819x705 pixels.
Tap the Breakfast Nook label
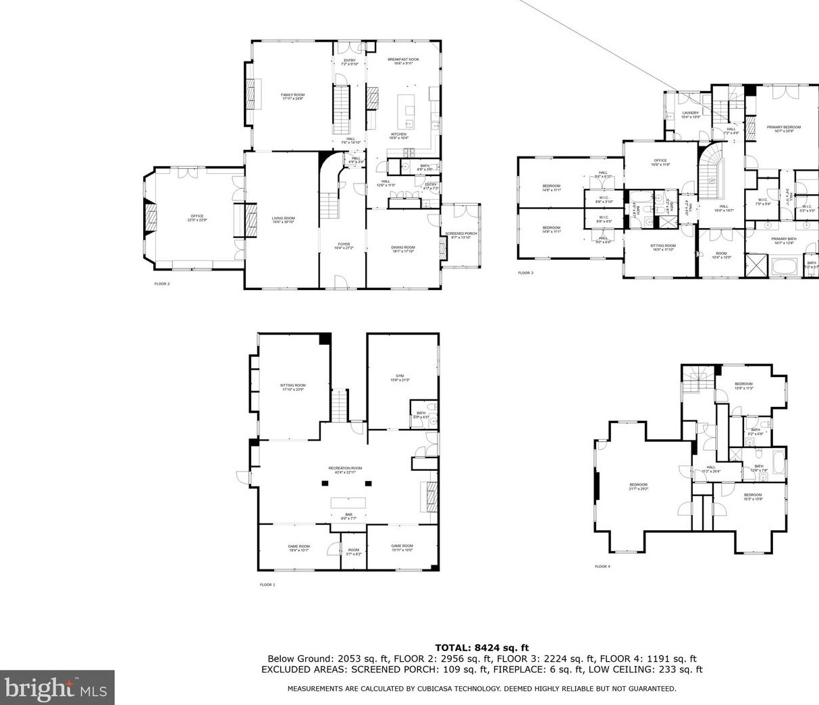403,59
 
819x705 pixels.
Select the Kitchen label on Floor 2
399,134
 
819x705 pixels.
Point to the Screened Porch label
461,234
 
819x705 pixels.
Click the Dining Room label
403,248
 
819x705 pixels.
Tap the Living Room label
284,218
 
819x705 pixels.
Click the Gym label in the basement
400,376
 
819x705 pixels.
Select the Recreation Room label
345,468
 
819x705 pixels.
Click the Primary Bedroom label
784,127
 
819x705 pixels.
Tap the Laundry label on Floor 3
690,113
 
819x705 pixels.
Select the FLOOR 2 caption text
162,284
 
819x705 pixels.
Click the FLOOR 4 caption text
602,567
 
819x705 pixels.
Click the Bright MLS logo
57,687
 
